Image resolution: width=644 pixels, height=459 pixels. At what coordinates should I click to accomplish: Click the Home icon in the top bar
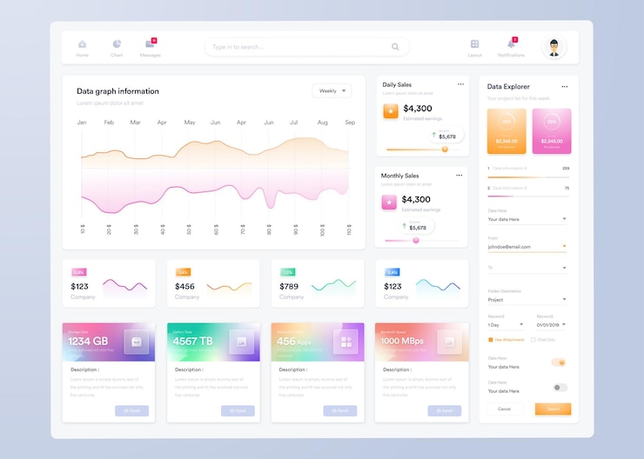click(x=82, y=43)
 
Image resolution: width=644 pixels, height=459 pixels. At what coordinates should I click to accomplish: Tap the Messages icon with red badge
click(x=150, y=43)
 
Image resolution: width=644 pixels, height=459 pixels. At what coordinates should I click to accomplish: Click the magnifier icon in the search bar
click(x=395, y=47)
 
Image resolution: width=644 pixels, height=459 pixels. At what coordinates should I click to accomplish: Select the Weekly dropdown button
click(x=332, y=90)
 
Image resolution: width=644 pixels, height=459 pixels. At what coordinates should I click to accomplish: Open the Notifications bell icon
click(x=511, y=43)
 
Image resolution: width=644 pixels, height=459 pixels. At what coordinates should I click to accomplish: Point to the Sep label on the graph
click(x=350, y=123)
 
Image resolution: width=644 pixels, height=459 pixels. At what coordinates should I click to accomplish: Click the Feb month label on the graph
click(x=109, y=123)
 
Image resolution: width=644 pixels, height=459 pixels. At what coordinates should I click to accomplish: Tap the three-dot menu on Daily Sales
click(x=460, y=84)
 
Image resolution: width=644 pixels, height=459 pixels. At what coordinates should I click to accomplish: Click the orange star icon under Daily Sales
click(x=391, y=110)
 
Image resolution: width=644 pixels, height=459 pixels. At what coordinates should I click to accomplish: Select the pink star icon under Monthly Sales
click(x=389, y=203)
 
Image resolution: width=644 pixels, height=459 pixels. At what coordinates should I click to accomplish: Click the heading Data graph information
click(x=117, y=91)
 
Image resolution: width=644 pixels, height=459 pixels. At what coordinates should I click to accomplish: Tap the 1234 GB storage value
click(x=88, y=342)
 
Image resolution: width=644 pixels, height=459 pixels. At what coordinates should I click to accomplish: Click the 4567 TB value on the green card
click(x=193, y=342)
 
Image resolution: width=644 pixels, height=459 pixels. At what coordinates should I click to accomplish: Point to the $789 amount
click(x=289, y=286)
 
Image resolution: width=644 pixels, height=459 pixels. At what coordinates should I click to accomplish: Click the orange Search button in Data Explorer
click(x=553, y=409)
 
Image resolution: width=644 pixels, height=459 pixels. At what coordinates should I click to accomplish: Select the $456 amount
click(x=184, y=286)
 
